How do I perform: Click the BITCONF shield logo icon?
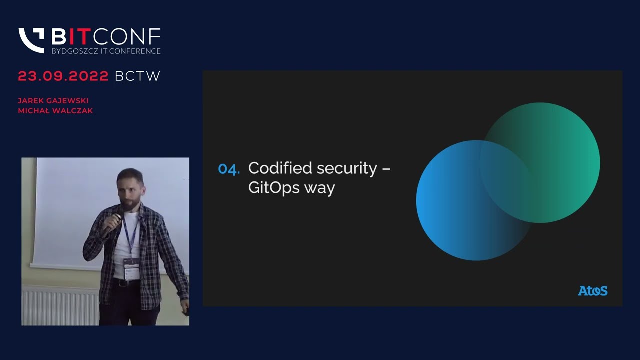tap(31, 40)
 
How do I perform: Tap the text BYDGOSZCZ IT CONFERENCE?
tap(106, 51)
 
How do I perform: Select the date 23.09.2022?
tap(63, 76)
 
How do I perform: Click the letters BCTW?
tap(137, 76)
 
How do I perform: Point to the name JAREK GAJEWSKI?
tap(53, 101)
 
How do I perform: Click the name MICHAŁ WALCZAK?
tap(55, 110)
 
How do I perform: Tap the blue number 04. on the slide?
tap(229, 169)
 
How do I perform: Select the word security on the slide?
tap(347, 169)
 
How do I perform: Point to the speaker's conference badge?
tap(132, 269)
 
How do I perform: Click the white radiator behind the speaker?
tap(60, 305)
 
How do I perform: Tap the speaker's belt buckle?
tap(123, 283)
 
